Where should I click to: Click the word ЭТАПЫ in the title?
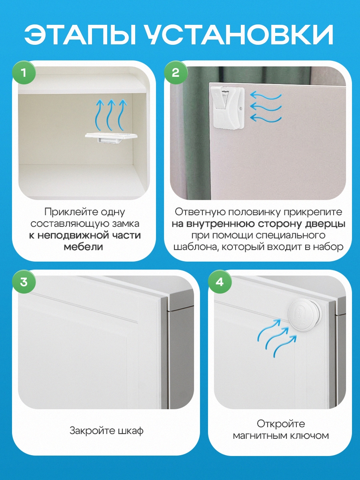click(80, 34)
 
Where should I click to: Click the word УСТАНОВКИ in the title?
click(239, 34)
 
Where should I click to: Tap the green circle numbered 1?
click(24, 72)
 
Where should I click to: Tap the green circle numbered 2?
click(176, 72)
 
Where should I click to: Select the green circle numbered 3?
click(24, 282)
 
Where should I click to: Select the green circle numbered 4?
click(220, 282)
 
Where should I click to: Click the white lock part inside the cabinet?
click(111, 138)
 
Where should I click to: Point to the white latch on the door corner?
click(227, 107)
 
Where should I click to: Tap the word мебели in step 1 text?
click(83, 247)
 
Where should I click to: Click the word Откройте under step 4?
click(281, 424)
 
